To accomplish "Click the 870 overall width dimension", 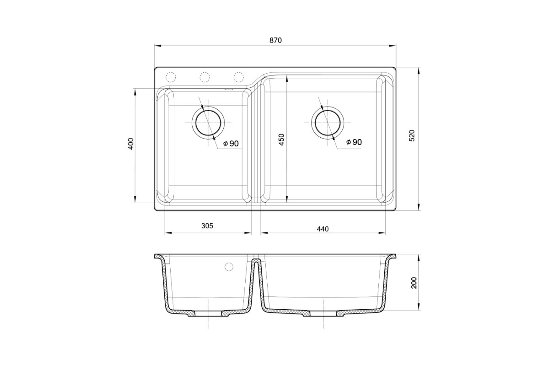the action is click(276, 40).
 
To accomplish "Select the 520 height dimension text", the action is click(412, 135).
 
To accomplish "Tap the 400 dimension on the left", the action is click(131, 144).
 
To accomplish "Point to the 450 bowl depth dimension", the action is click(281, 140).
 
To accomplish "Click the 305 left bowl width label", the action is click(207, 226).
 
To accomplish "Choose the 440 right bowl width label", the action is click(323, 229).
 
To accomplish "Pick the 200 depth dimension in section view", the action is click(414, 283).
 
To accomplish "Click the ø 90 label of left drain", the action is click(231, 143).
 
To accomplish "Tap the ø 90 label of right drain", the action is click(354, 142).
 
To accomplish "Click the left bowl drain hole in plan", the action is click(208, 123).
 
